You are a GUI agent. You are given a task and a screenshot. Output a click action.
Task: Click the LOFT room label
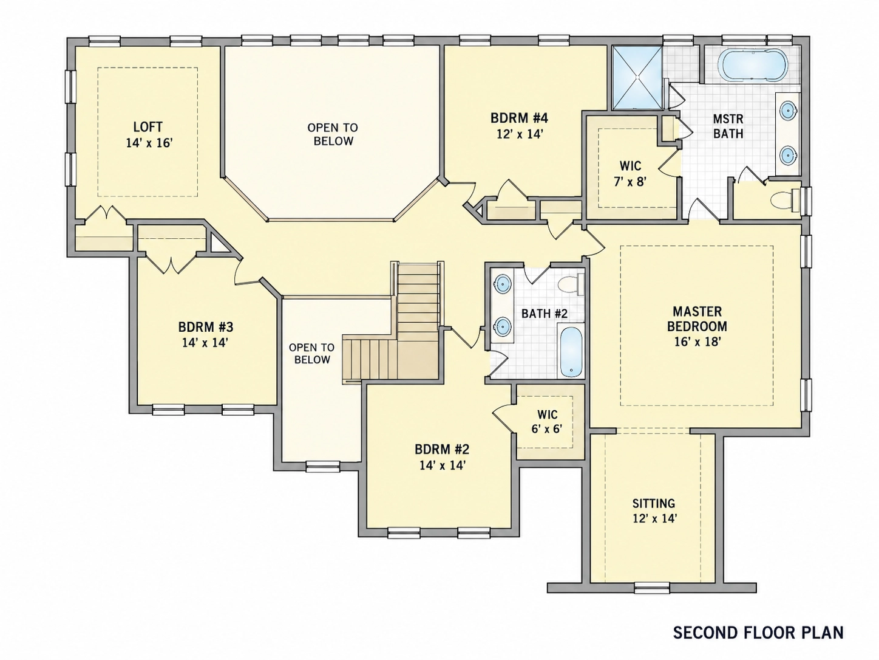[148, 127]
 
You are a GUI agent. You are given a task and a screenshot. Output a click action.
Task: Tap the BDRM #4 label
[520, 119]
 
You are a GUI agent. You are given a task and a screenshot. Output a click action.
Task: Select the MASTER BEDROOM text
[697, 319]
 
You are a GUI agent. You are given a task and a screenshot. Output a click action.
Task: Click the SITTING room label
[654, 503]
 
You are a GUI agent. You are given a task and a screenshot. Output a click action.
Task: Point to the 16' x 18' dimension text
[697, 342]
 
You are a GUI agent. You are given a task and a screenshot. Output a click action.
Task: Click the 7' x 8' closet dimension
[630, 182]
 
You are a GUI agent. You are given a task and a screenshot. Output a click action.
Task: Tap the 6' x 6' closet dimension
[546, 429]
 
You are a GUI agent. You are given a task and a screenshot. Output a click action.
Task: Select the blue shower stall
[637, 77]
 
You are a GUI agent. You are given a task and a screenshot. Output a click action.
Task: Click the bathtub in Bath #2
[571, 352]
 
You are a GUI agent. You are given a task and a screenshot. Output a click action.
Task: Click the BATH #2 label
[545, 314]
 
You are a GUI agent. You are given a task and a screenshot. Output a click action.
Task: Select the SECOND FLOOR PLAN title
[758, 633]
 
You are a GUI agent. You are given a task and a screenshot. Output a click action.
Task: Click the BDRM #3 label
[205, 328]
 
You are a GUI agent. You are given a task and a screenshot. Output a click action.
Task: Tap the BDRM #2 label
[442, 450]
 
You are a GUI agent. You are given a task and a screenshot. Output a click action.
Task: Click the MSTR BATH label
[728, 126]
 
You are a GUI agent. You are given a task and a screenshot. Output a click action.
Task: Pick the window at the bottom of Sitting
[652, 588]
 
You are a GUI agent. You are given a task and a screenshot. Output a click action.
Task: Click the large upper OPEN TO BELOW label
[333, 134]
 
